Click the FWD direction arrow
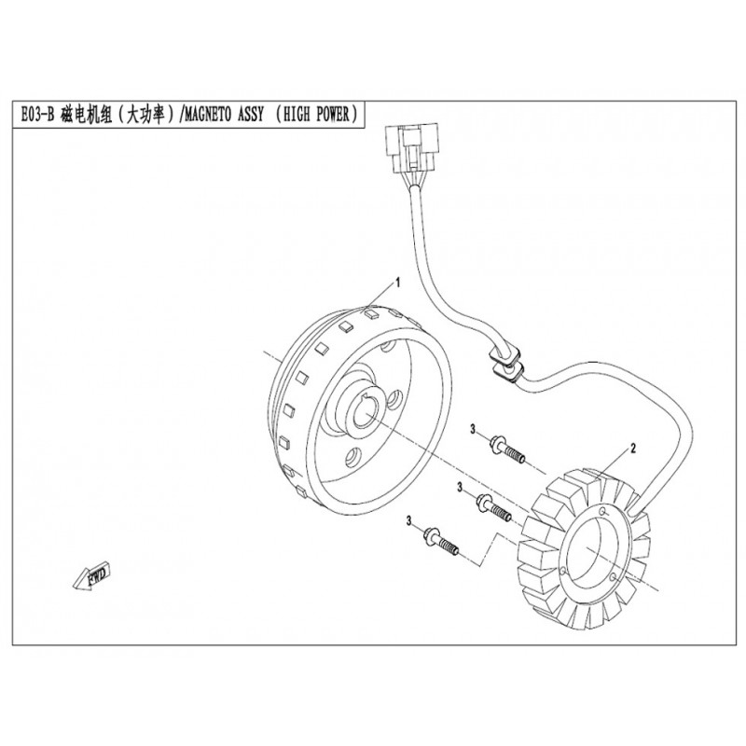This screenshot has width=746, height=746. (91, 576)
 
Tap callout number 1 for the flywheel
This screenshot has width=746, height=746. (398, 283)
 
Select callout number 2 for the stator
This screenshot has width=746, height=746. (632, 448)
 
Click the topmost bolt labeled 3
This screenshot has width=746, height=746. (506, 449)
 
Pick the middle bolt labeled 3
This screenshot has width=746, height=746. (493, 507)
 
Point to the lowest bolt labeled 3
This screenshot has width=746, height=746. (441, 542)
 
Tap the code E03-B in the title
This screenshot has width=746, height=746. (37, 115)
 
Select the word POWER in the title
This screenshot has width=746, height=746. (332, 115)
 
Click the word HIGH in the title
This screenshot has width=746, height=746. (296, 115)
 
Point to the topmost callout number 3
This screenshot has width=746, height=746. (473, 429)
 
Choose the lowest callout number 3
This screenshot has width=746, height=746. (408, 522)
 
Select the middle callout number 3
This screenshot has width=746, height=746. (460, 488)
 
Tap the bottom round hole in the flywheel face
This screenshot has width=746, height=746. (352, 458)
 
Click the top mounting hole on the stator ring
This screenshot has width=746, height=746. (603, 512)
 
